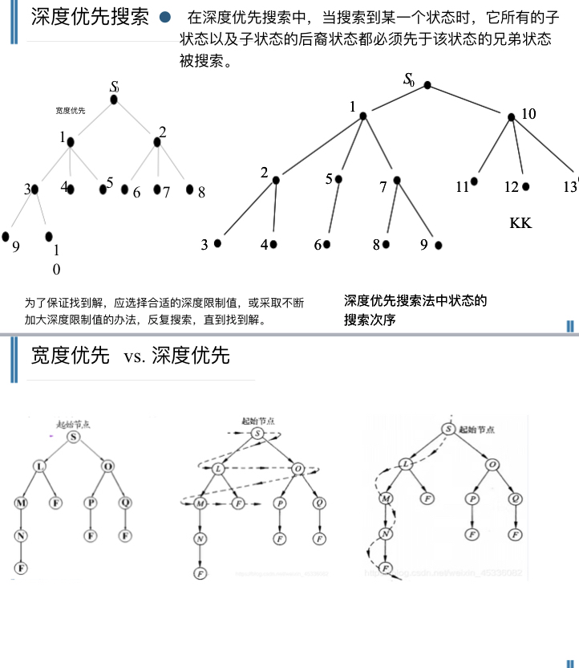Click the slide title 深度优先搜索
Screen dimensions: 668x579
click(90, 18)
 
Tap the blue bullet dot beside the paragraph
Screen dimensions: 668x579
click(165, 17)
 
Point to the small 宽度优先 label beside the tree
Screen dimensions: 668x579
click(71, 110)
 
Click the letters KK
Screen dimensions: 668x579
click(520, 223)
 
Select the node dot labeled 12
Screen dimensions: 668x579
click(526, 186)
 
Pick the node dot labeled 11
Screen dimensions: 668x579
click(475, 182)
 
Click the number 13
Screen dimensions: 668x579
click(570, 187)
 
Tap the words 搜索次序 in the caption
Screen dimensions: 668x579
click(370, 320)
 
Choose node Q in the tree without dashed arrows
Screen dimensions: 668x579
click(126, 503)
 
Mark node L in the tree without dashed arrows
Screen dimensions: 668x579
click(38, 466)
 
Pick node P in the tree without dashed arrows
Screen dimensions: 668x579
click(91, 503)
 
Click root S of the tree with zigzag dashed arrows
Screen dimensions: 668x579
click(258, 434)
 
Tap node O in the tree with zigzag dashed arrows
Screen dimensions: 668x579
click(297, 468)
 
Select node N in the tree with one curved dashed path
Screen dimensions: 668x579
click(386, 533)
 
